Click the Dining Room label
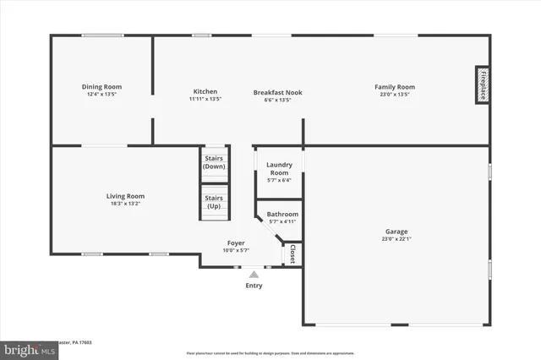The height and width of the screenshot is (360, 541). tap(101, 87)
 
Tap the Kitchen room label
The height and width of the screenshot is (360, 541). tap(205, 91)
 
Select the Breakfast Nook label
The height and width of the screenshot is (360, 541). tap(277, 92)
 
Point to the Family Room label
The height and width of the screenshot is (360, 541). tap(395, 87)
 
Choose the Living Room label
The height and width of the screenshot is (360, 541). tap(125, 196)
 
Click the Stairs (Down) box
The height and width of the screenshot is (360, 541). tap(214, 162)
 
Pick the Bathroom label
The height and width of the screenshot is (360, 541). tap(282, 215)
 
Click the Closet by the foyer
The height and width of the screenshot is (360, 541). tap(292, 254)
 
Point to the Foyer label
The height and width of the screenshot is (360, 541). tap(236, 243)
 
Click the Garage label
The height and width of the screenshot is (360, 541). tap(396, 232)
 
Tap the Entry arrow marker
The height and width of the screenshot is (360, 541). tap(254, 274)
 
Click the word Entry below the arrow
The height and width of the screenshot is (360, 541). tap(254, 286)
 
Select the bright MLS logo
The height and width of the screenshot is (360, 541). tap(29, 349)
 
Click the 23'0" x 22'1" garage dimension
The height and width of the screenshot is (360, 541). tap(396, 239)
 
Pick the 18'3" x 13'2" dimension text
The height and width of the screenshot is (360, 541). tap(125, 204)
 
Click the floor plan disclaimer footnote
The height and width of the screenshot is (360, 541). tap(270, 352)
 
